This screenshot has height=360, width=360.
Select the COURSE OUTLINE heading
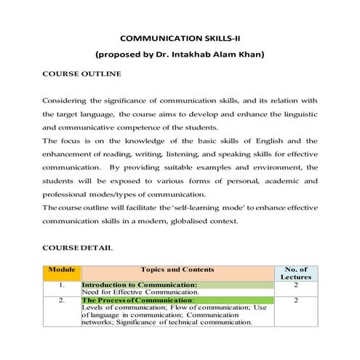pos(77,74)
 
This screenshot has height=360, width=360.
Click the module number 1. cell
pos(61,286)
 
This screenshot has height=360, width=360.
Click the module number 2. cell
pos(61,300)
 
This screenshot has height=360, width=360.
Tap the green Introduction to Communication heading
pos(140,285)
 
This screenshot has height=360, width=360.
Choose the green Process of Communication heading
pos(138,300)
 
